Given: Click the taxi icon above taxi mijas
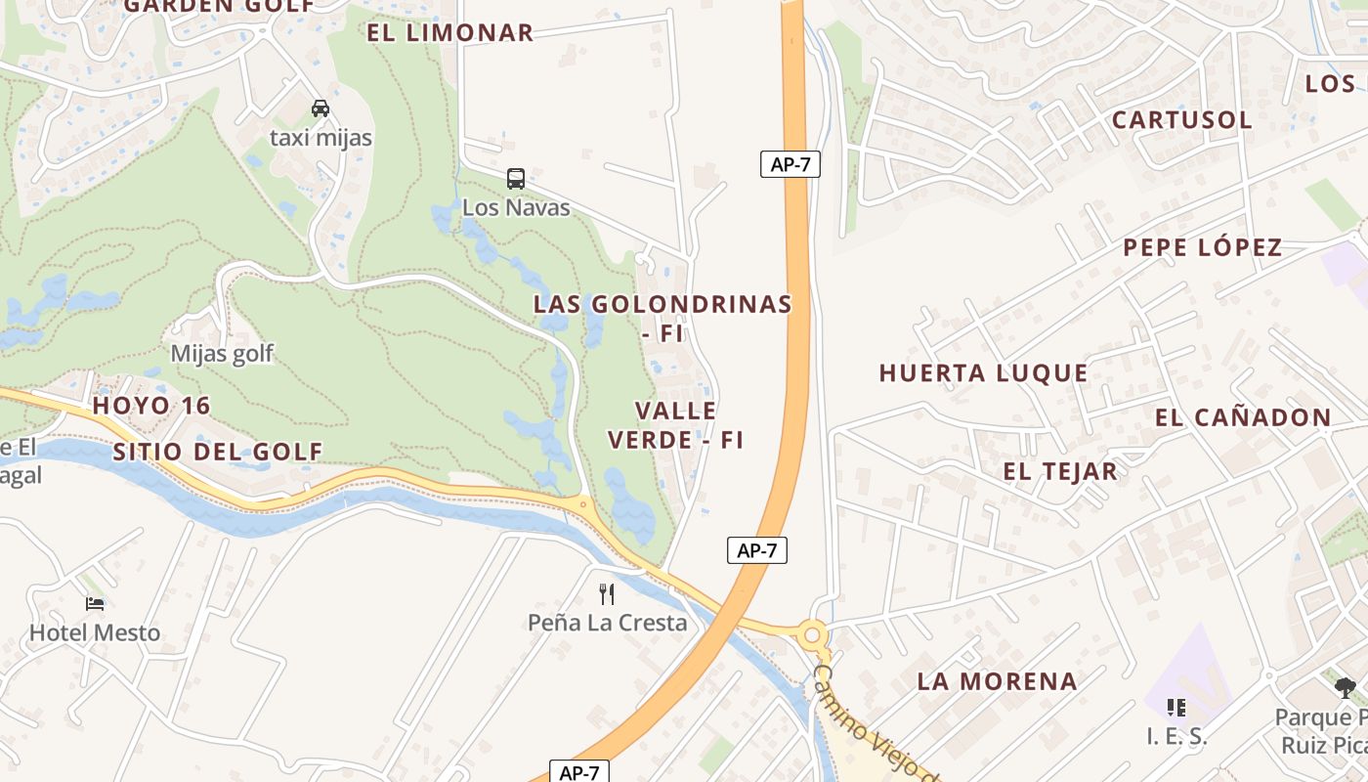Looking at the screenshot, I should [x=321, y=108].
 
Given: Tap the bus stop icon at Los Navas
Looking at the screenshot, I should [x=516, y=179].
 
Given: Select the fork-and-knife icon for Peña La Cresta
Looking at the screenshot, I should [x=607, y=593].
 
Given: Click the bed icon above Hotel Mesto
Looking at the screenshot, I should [x=95, y=604].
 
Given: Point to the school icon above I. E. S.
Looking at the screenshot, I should [x=1176, y=707].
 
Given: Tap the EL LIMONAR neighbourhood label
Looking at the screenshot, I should [x=450, y=32].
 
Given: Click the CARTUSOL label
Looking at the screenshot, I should [x=1181, y=120].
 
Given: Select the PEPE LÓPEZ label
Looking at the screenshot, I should [x=1202, y=247].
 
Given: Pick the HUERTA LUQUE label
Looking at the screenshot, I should [x=983, y=372].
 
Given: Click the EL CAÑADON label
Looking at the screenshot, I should [x=1243, y=417].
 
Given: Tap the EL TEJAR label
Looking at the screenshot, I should [x=1059, y=471].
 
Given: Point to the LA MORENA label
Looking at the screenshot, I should [x=997, y=681].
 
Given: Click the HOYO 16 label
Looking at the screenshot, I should [x=151, y=406].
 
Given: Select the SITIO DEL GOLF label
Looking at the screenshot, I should [x=217, y=452].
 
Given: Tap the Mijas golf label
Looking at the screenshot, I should [x=223, y=354].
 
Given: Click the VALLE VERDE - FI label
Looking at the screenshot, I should [x=676, y=425].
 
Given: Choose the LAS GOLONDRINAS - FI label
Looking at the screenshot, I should [x=663, y=318].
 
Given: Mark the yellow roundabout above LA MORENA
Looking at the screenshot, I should [x=811, y=635].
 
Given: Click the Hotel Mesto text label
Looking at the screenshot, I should [x=95, y=633].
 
